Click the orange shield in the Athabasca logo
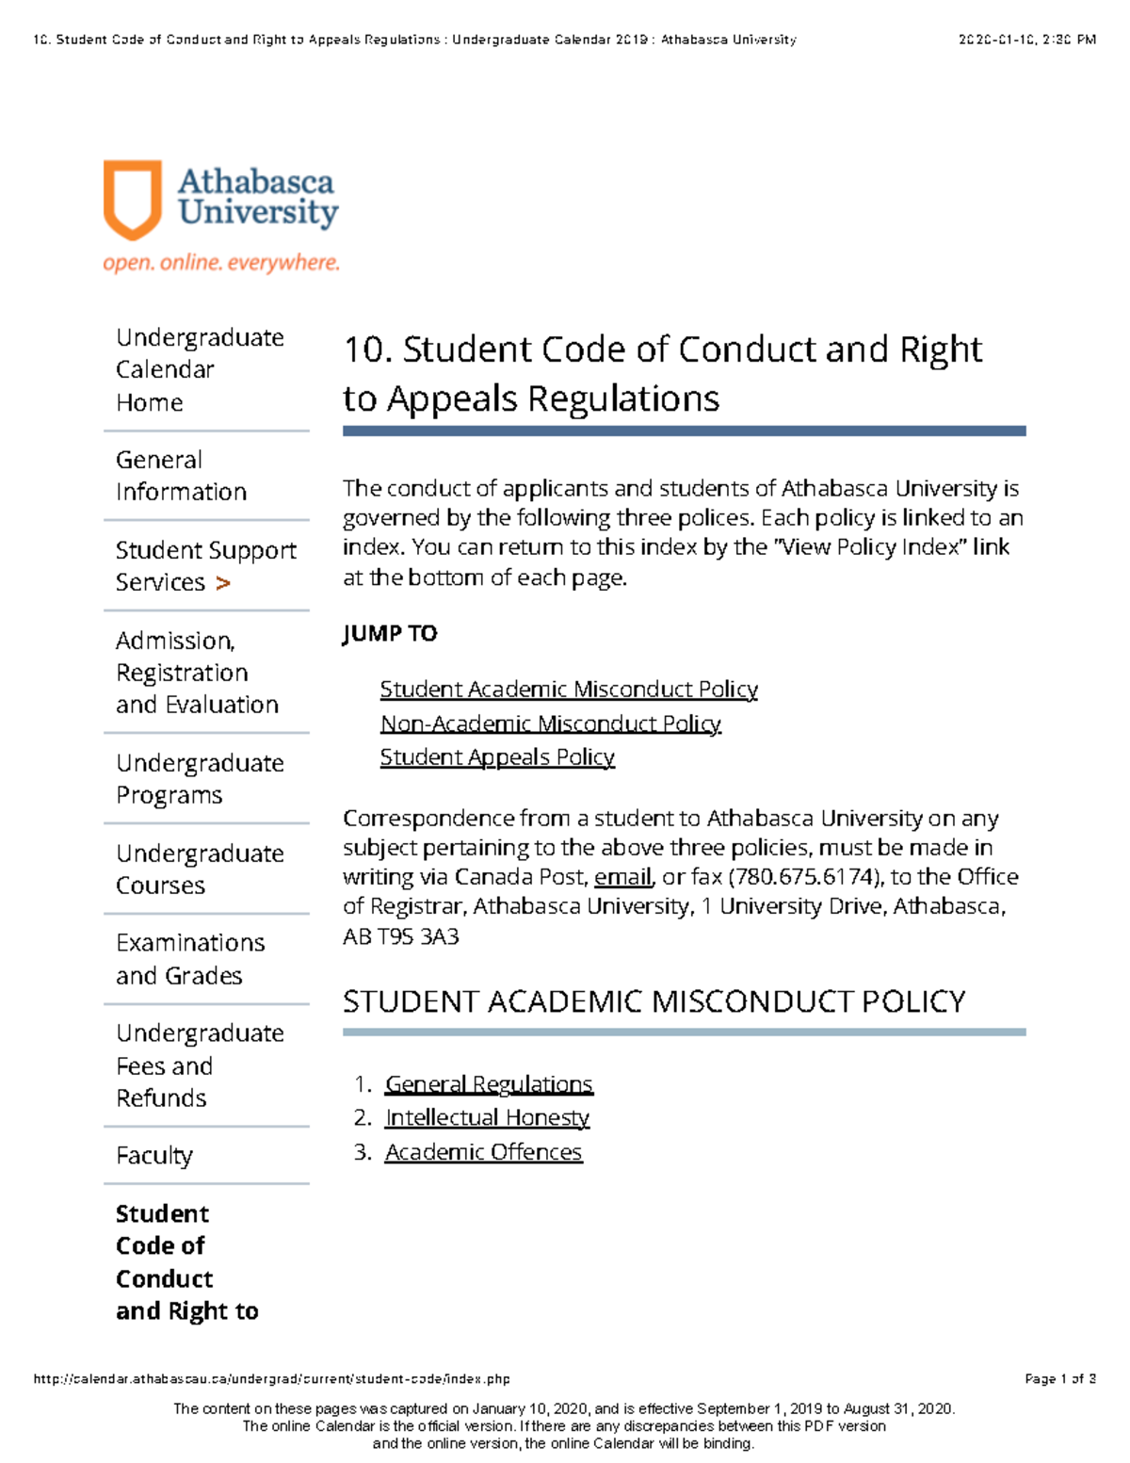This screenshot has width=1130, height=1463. click(x=132, y=199)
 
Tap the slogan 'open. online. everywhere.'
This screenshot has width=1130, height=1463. click(x=221, y=263)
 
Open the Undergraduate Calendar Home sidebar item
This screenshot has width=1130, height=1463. click(x=199, y=369)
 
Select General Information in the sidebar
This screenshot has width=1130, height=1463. click(x=181, y=476)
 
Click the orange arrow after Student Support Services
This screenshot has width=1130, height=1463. click(x=222, y=583)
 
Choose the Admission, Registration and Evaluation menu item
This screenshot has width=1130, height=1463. click(x=197, y=673)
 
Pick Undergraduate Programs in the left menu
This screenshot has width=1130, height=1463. click(x=199, y=779)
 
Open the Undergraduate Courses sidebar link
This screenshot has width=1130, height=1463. click(x=199, y=869)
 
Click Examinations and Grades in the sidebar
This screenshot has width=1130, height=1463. click(x=189, y=959)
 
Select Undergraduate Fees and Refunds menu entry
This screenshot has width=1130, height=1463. click(x=199, y=1065)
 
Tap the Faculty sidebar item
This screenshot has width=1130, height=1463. click(x=154, y=1155)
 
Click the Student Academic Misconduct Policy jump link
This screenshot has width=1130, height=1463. click(x=569, y=690)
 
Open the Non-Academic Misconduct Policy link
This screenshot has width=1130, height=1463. click(x=551, y=723)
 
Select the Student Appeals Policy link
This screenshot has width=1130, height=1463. click(x=497, y=757)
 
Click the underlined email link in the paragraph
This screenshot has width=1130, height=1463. click(x=622, y=877)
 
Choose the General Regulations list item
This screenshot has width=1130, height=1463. click(x=489, y=1084)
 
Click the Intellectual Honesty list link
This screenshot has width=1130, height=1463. click(x=487, y=1118)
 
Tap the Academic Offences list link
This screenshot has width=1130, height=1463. click(x=483, y=1152)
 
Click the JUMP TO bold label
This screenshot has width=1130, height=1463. click(x=390, y=633)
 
